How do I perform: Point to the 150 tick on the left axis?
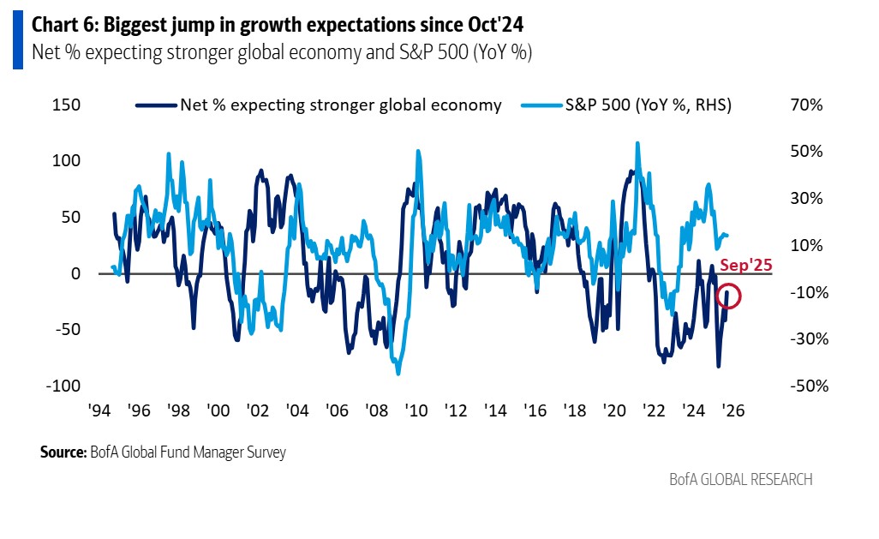tap(66, 105)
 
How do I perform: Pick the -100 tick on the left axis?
tap(62, 386)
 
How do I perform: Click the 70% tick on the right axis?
tap(807, 105)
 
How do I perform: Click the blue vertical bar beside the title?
tap(17, 38)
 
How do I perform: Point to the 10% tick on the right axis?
tap(807, 246)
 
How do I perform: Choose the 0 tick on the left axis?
tap(75, 273)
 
